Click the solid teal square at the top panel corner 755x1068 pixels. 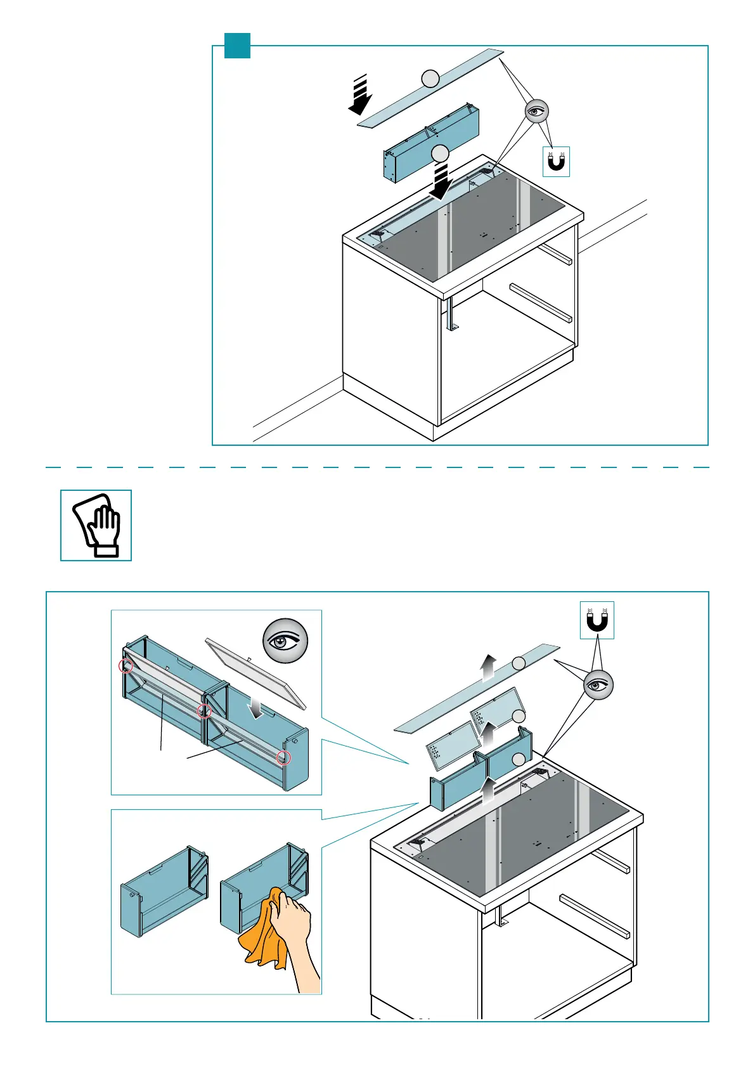(238, 46)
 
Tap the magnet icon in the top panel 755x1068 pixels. (557, 162)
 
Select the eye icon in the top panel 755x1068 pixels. (537, 111)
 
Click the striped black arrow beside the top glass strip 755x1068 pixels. (360, 95)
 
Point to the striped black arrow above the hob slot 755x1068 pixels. (441, 179)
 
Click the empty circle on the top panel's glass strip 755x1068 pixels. (430, 79)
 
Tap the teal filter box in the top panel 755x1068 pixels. (431, 145)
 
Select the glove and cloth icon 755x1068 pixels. (96, 525)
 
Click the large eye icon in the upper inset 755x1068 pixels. (285, 641)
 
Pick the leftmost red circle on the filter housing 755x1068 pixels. (126, 666)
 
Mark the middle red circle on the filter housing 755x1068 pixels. (204, 711)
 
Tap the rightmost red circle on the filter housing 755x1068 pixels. (285, 757)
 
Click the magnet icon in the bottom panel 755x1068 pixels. (597, 620)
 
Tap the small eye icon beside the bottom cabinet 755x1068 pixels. (598, 685)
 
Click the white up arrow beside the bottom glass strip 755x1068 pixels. (487, 668)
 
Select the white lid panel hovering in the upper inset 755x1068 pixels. (256, 673)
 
